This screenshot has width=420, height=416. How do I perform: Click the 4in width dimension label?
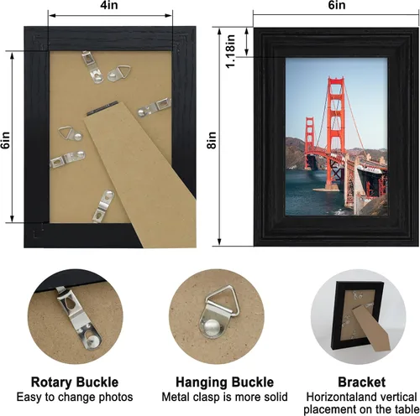point(109,5)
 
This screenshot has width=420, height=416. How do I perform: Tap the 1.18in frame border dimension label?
point(230,51)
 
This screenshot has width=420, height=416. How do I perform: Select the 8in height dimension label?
point(212,140)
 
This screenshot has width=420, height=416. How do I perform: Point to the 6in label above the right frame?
point(337,5)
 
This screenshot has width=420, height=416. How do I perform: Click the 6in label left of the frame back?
point(6,140)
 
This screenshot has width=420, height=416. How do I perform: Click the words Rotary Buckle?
point(75,382)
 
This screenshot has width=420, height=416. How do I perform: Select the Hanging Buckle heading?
point(224,382)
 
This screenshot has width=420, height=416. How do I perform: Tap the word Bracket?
point(361,382)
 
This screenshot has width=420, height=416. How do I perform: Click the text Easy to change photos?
point(75,397)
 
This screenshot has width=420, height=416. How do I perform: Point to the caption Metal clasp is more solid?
point(224,397)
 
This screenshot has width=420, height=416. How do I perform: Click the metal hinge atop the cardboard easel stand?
point(102,108)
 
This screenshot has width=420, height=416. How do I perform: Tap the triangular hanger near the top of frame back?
point(118,72)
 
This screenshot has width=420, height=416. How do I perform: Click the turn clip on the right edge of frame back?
point(155,107)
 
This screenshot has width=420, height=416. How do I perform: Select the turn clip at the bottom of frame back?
point(103,206)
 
